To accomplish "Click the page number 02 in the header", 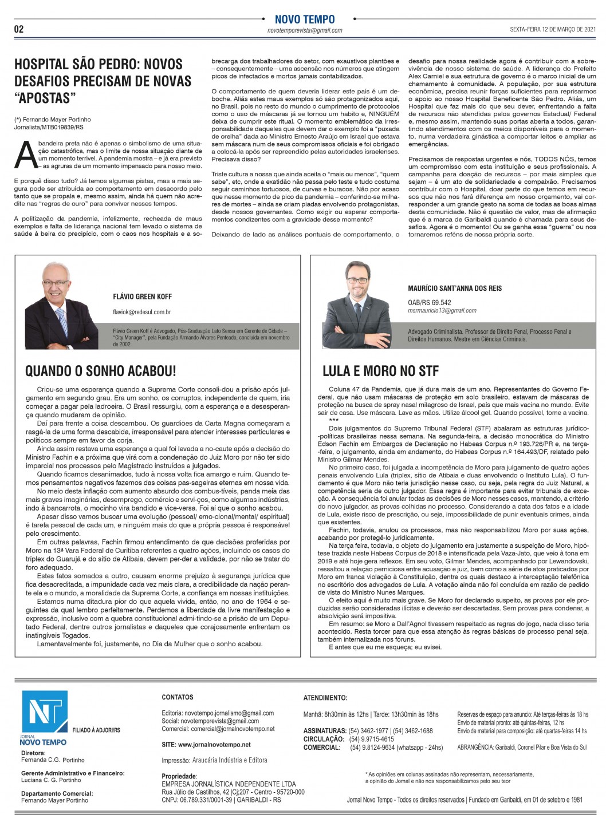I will (x=19, y=29).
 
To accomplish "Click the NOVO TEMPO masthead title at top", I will (x=305, y=19).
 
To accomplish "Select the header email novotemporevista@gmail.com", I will (x=305, y=30).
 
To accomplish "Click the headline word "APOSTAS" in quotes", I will (x=45, y=98).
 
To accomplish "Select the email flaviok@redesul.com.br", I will (x=142, y=312).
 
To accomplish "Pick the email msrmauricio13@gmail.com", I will (x=442, y=311).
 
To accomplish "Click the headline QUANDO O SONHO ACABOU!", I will (x=100, y=371).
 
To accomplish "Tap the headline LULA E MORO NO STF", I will (x=380, y=371).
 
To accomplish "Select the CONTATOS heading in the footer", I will (x=178, y=697).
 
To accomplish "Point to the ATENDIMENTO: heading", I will (x=325, y=698).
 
